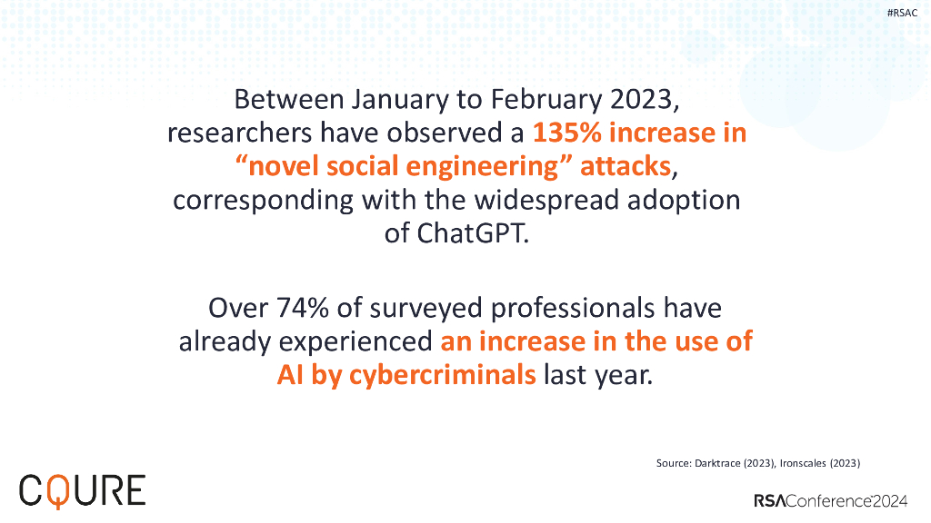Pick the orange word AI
tap(291, 375)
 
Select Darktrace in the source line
tap(717, 463)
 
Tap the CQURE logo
tap(82, 490)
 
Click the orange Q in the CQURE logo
tap(57, 491)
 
